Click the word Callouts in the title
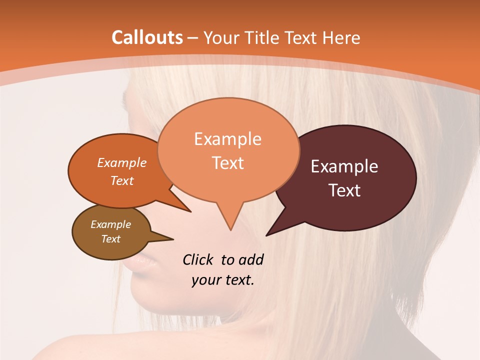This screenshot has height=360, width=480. [x=147, y=37]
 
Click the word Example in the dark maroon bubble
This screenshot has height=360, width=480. [x=344, y=166]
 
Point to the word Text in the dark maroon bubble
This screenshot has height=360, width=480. [x=344, y=190]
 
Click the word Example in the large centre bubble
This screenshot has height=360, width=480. [x=227, y=139]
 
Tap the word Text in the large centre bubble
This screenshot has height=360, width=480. [x=227, y=163]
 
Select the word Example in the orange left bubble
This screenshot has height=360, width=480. [x=122, y=162]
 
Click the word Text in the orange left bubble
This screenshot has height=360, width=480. [x=122, y=180]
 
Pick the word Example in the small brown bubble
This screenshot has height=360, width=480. [x=110, y=224]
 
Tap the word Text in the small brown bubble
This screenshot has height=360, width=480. [x=110, y=239]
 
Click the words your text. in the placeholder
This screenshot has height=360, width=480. [x=223, y=280]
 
